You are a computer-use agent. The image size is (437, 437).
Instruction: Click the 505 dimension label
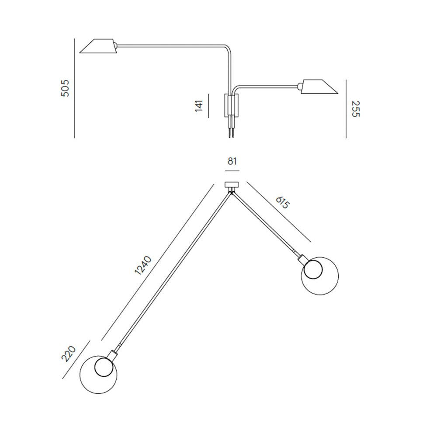coord(65,88)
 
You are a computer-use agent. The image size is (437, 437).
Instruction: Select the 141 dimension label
coord(199,106)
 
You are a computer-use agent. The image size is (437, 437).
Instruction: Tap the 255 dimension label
coord(356,109)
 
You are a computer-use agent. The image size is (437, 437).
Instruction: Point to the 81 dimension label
coord(232,161)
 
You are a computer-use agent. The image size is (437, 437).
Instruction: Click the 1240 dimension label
coord(143,265)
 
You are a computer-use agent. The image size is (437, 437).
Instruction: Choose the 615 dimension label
coord(283,202)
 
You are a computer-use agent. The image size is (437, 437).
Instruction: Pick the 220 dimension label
coord(69,354)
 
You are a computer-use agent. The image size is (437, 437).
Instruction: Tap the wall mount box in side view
coord(231,105)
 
